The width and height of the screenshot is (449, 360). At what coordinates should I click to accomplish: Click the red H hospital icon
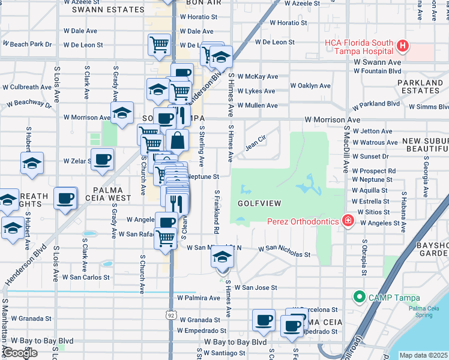pyautogui.click(x=403, y=46)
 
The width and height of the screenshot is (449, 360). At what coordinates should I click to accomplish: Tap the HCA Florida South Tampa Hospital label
pyautogui.click(x=359, y=47)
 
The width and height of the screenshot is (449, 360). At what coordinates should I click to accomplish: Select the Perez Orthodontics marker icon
pyautogui.click(x=346, y=221)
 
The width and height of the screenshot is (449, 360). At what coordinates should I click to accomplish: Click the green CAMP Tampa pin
pyautogui.click(x=360, y=296)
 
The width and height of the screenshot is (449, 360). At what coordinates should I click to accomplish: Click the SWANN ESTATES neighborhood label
pyautogui.click(x=108, y=10)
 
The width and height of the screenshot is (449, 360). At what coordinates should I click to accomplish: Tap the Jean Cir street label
pyautogui.click(x=256, y=144)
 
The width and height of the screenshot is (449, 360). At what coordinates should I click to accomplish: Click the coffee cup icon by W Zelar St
pyautogui.click(x=102, y=159)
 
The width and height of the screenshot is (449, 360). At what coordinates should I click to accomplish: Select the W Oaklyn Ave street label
pyautogui.click(x=310, y=86)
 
